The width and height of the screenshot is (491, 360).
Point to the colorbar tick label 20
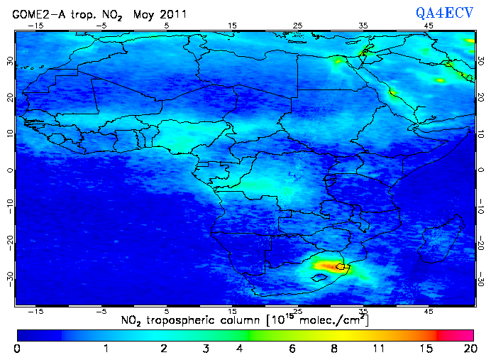tap(468, 349)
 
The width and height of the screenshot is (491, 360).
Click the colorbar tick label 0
tap(16, 349)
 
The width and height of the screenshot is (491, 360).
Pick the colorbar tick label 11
tap(377, 349)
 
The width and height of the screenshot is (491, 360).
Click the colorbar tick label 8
tap(333, 349)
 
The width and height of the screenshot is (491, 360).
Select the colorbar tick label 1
tap(106, 349)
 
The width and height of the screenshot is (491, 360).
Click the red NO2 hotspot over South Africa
tap(328, 266)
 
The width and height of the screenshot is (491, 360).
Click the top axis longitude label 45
tap(429, 26)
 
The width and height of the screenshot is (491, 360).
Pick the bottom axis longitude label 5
tap(167, 311)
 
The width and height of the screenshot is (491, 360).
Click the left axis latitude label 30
tap(9, 61)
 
